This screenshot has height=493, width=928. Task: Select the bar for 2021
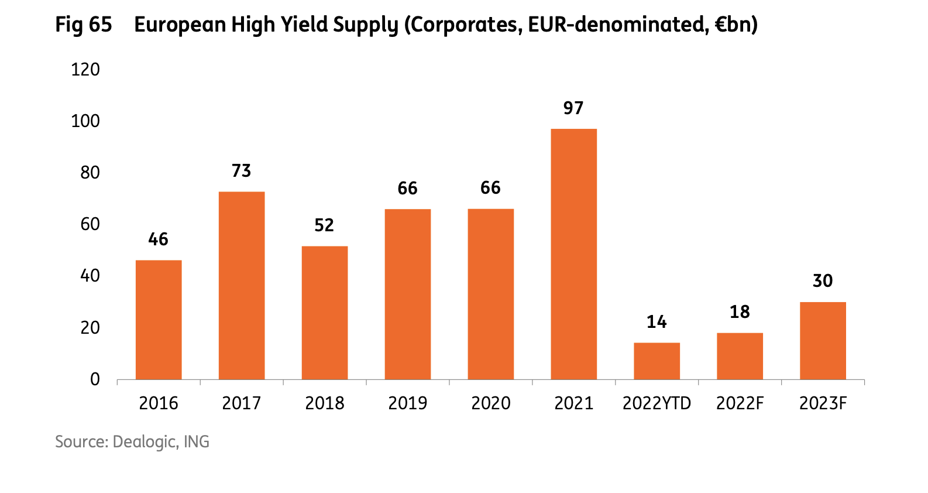(573, 254)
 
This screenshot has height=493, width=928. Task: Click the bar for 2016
(159, 320)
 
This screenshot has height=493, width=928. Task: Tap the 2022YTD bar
(657, 361)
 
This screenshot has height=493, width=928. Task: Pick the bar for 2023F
(823, 341)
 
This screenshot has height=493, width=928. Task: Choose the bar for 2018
(325, 313)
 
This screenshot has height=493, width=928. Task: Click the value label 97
(573, 108)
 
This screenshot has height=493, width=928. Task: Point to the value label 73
(241, 171)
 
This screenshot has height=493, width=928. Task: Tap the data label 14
(657, 322)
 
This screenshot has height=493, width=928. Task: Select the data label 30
(823, 281)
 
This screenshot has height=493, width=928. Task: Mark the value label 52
(324, 225)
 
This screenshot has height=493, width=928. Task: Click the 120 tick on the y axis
(85, 70)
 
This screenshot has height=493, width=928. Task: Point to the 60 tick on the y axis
(90, 224)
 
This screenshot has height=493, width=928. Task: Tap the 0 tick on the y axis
(95, 379)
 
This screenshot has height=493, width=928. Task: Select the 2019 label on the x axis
(408, 403)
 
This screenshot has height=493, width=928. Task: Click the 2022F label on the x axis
(740, 403)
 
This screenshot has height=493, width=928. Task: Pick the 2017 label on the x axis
(241, 403)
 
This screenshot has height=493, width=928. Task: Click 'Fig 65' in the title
(84, 25)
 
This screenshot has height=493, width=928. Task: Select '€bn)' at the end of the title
(736, 25)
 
